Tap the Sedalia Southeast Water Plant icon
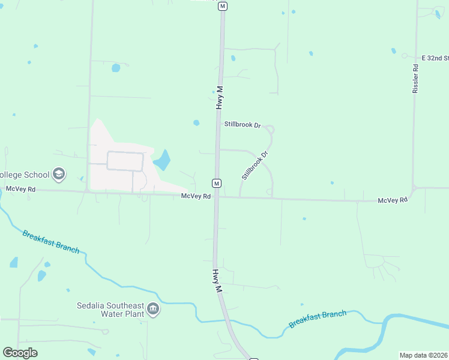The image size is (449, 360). click(153, 309)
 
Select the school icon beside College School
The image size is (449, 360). click(59, 175)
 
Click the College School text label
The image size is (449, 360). click(24, 175)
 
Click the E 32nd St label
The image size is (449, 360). click(435, 58)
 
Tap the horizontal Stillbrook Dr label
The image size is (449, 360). click(243, 125)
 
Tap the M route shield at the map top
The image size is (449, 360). click(223, 6)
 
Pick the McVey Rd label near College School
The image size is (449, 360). click(21, 189)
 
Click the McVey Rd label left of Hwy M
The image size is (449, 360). click(196, 196)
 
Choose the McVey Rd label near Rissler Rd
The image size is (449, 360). click(393, 200)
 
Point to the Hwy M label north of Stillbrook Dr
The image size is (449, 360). click(220, 97)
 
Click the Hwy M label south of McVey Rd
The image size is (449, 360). click(217, 281)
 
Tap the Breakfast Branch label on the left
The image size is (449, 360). click(51, 241)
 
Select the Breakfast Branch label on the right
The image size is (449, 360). click(318, 319)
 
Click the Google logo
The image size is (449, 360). click(20, 353)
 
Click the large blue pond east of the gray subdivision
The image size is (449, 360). click(162, 160)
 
